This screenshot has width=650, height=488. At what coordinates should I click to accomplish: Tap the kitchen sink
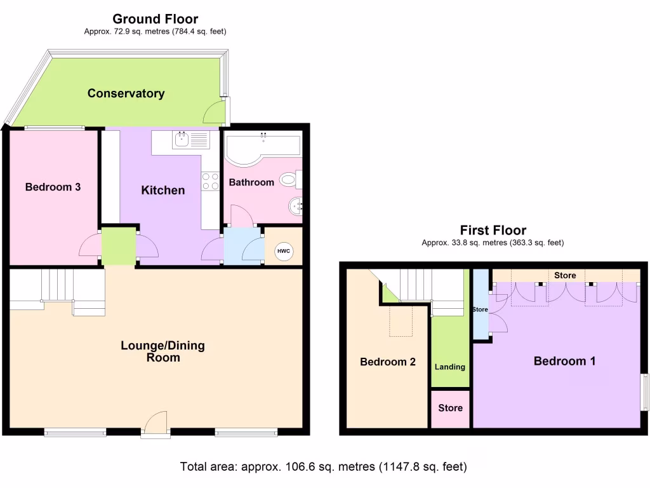(x=182, y=139)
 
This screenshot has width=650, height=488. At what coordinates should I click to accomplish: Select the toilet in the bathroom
(x=291, y=180)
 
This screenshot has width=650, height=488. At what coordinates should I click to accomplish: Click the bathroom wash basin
(x=296, y=205)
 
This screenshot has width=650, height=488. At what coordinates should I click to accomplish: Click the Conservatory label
(x=126, y=93)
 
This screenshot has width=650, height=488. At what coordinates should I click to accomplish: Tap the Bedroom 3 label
(x=53, y=187)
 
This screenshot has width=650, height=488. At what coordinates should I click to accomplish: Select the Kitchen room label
(x=162, y=190)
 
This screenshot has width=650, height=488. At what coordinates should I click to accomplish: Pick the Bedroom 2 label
(x=387, y=362)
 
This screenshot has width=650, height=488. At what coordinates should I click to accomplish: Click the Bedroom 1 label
(x=564, y=361)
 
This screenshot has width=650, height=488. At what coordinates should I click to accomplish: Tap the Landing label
(x=450, y=367)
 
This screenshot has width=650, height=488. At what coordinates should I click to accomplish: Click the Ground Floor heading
(x=155, y=19)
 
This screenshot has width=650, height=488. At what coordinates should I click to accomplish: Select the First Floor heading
(x=493, y=230)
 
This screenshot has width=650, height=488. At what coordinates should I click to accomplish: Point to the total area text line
(x=324, y=467)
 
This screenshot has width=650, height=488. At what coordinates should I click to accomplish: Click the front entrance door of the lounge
(x=156, y=424)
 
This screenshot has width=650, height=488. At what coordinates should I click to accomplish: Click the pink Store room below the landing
(x=450, y=408)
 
